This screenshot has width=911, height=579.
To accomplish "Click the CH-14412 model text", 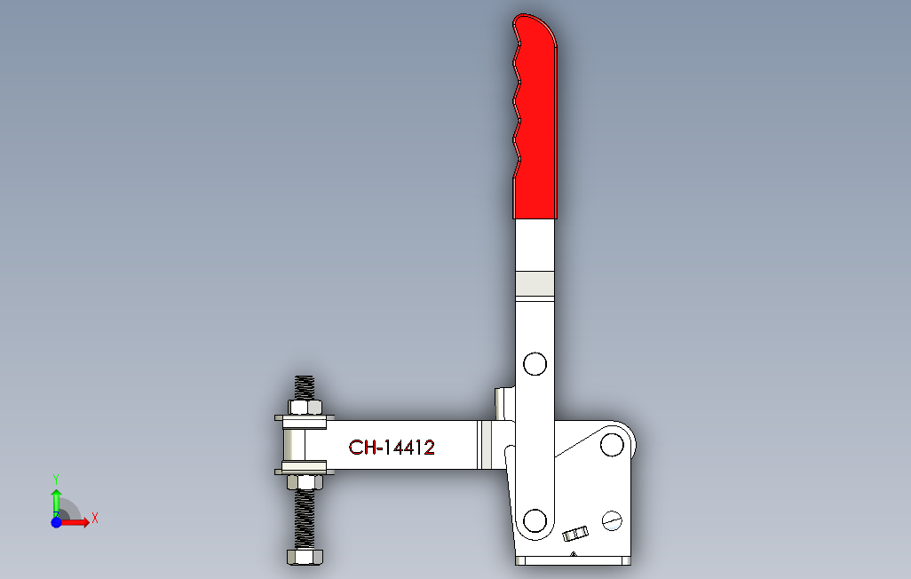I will tap(392, 448).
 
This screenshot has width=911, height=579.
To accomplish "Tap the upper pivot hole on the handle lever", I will tap(535, 364).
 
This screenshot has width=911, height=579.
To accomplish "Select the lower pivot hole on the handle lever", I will tap(535, 520).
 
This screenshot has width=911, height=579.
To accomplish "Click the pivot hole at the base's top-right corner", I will tap(611, 443).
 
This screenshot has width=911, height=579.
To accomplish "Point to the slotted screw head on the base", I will tap(612, 520).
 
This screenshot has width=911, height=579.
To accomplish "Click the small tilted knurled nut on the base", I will tap(575, 535).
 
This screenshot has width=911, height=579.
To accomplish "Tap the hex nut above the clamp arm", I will tap(305, 408).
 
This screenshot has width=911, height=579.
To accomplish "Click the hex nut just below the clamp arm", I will tap(305, 482).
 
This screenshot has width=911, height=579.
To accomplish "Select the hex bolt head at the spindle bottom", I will tap(305, 557).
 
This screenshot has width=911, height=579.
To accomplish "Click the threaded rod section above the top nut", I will tap(305, 387).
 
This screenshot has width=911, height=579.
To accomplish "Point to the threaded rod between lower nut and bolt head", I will tap(305, 520).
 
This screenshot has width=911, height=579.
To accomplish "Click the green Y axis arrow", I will tap(56, 502).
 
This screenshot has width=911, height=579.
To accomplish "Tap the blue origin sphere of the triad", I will tap(56, 523).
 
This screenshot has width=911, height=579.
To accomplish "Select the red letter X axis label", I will tap(94, 518).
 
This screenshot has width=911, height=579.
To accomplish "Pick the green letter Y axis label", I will tap(56, 479).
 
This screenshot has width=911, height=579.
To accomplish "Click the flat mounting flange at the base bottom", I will tap(573, 561).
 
